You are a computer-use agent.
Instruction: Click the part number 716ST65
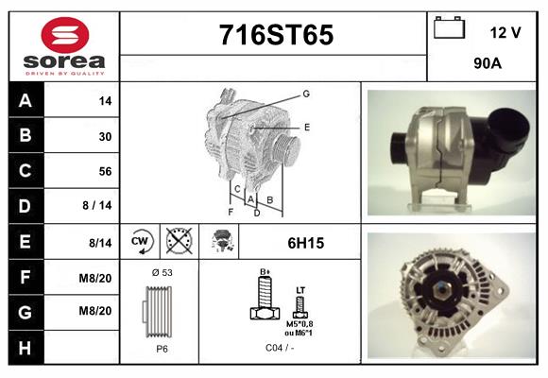(x=276, y=36)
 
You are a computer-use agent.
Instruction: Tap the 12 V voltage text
(x=505, y=32)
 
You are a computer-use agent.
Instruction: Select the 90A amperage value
(x=488, y=65)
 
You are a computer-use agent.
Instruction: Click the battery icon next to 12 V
(x=449, y=29)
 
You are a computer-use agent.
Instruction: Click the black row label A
(x=26, y=100)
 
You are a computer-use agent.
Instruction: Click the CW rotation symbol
(x=142, y=242)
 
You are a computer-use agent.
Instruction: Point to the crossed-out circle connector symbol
(x=179, y=242)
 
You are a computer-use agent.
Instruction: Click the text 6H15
(x=305, y=243)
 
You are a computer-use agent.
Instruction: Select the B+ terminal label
(x=265, y=272)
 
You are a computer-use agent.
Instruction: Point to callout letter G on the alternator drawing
(x=306, y=94)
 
